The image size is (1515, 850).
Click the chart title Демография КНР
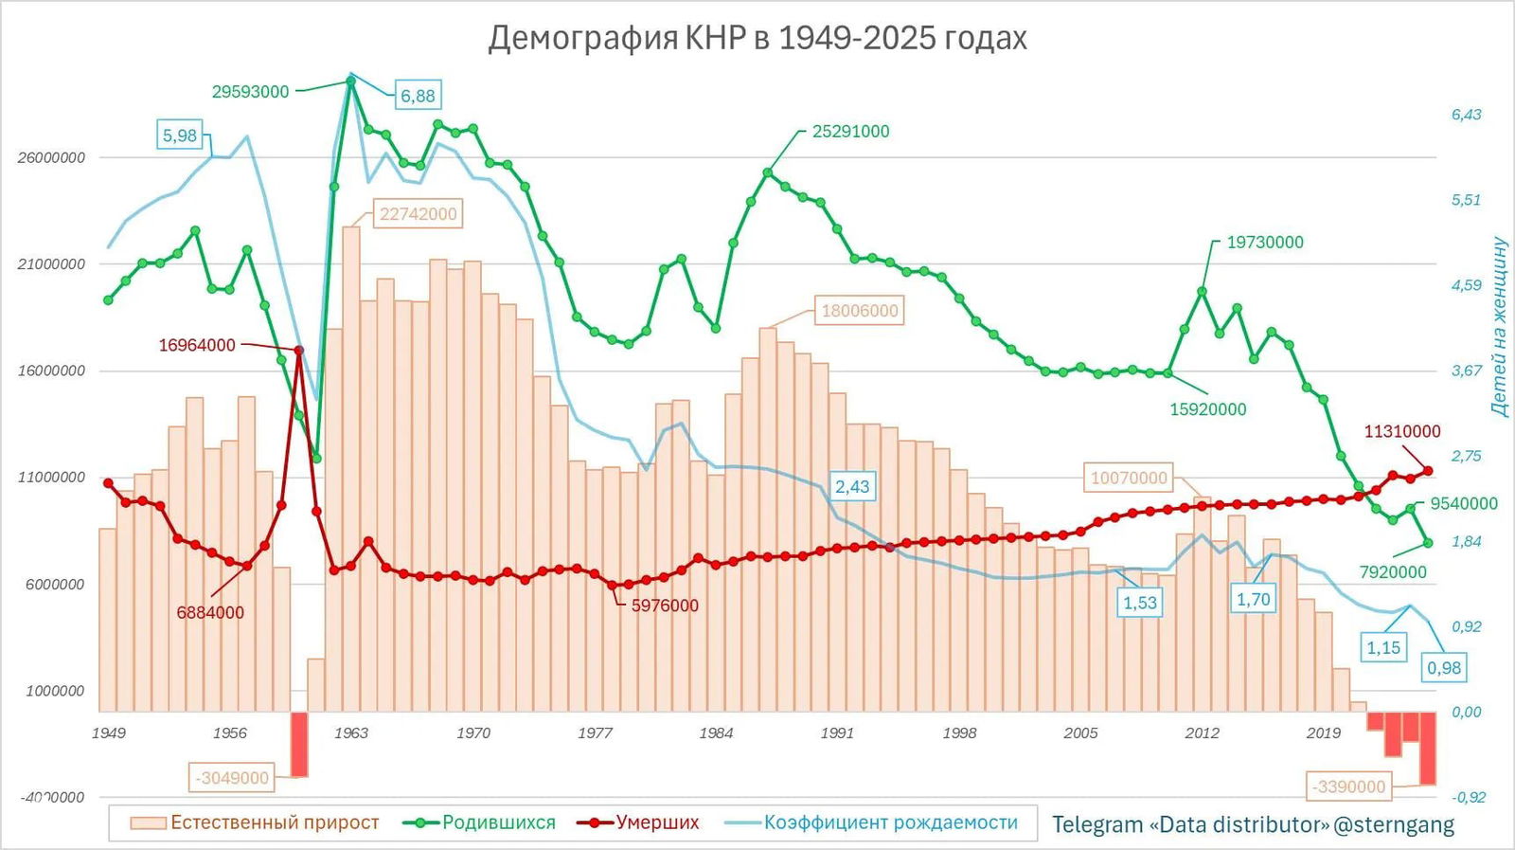coord(757,38)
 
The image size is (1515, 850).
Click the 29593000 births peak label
coord(250,92)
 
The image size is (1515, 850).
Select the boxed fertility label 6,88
coord(418,96)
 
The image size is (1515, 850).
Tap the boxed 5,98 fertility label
coord(180,136)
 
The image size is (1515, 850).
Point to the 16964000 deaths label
coord(197,345)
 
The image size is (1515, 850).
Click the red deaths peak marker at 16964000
coord(299,351)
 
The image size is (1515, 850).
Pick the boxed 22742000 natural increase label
coord(418,214)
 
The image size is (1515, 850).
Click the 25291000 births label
coord(850,132)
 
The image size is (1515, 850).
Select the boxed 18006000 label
coord(859,311)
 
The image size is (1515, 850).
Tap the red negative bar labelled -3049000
coord(299,745)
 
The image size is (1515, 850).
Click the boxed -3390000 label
coord(1348,787)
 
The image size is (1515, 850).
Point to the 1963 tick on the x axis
coord(351,732)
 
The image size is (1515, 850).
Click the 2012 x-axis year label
coord(1202,732)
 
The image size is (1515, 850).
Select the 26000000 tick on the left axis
coord(51,157)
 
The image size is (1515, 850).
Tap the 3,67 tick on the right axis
coord(1466,371)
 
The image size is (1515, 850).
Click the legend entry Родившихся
coord(498,823)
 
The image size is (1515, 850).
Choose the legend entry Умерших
coord(657,823)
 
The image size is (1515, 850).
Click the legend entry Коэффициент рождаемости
coord(890,823)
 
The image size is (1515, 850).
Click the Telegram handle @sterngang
coord(1393,825)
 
